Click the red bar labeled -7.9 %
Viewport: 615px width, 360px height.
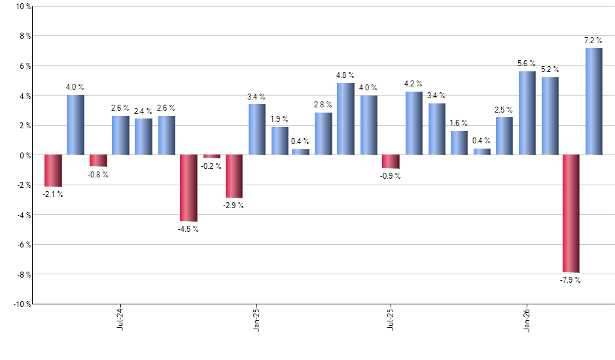pos(571,213)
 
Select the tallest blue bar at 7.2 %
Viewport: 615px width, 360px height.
pos(593,101)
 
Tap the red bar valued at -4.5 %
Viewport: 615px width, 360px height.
pos(188,188)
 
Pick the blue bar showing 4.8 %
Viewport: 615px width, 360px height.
pos(345,119)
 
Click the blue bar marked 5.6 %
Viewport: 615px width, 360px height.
pos(527,113)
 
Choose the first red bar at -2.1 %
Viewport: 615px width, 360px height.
pos(53,171)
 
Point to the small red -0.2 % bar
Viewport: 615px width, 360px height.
pos(211,156)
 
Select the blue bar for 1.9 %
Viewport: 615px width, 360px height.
pos(279,141)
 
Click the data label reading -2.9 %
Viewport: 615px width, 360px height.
pos(234,206)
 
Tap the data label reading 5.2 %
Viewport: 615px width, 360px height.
pos(550,69)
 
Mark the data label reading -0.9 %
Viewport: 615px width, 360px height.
pos(391,176)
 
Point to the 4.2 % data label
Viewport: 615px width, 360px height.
pos(413,83)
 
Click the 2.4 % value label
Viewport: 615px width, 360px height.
pos(143,111)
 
